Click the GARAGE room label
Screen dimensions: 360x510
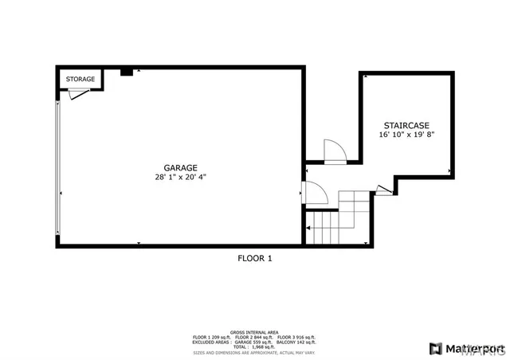[x=181, y=167]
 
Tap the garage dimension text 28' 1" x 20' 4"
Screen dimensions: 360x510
[x=181, y=177]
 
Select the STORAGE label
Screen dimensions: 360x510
[x=80, y=79]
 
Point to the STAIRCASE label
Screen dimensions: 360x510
[x=406, y=126]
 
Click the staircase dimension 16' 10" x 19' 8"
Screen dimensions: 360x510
[x=406, y=135]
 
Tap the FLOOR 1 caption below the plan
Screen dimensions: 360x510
[x=255, y=257]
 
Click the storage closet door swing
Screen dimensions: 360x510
[x=76, y=93]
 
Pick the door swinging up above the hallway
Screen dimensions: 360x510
[x=335, y=152]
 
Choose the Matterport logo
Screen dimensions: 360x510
[x=466, y=348]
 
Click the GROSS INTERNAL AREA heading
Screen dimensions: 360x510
[x=255, y=331]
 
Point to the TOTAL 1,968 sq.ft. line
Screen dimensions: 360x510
[x=255, y=346]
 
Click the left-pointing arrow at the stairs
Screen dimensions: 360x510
[x=308, y=229]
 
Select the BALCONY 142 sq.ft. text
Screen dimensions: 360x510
[x=296, y=342]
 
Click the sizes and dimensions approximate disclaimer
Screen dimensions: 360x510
[x=255, y=351]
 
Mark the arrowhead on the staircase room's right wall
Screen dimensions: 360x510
[x=450, y=170]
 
